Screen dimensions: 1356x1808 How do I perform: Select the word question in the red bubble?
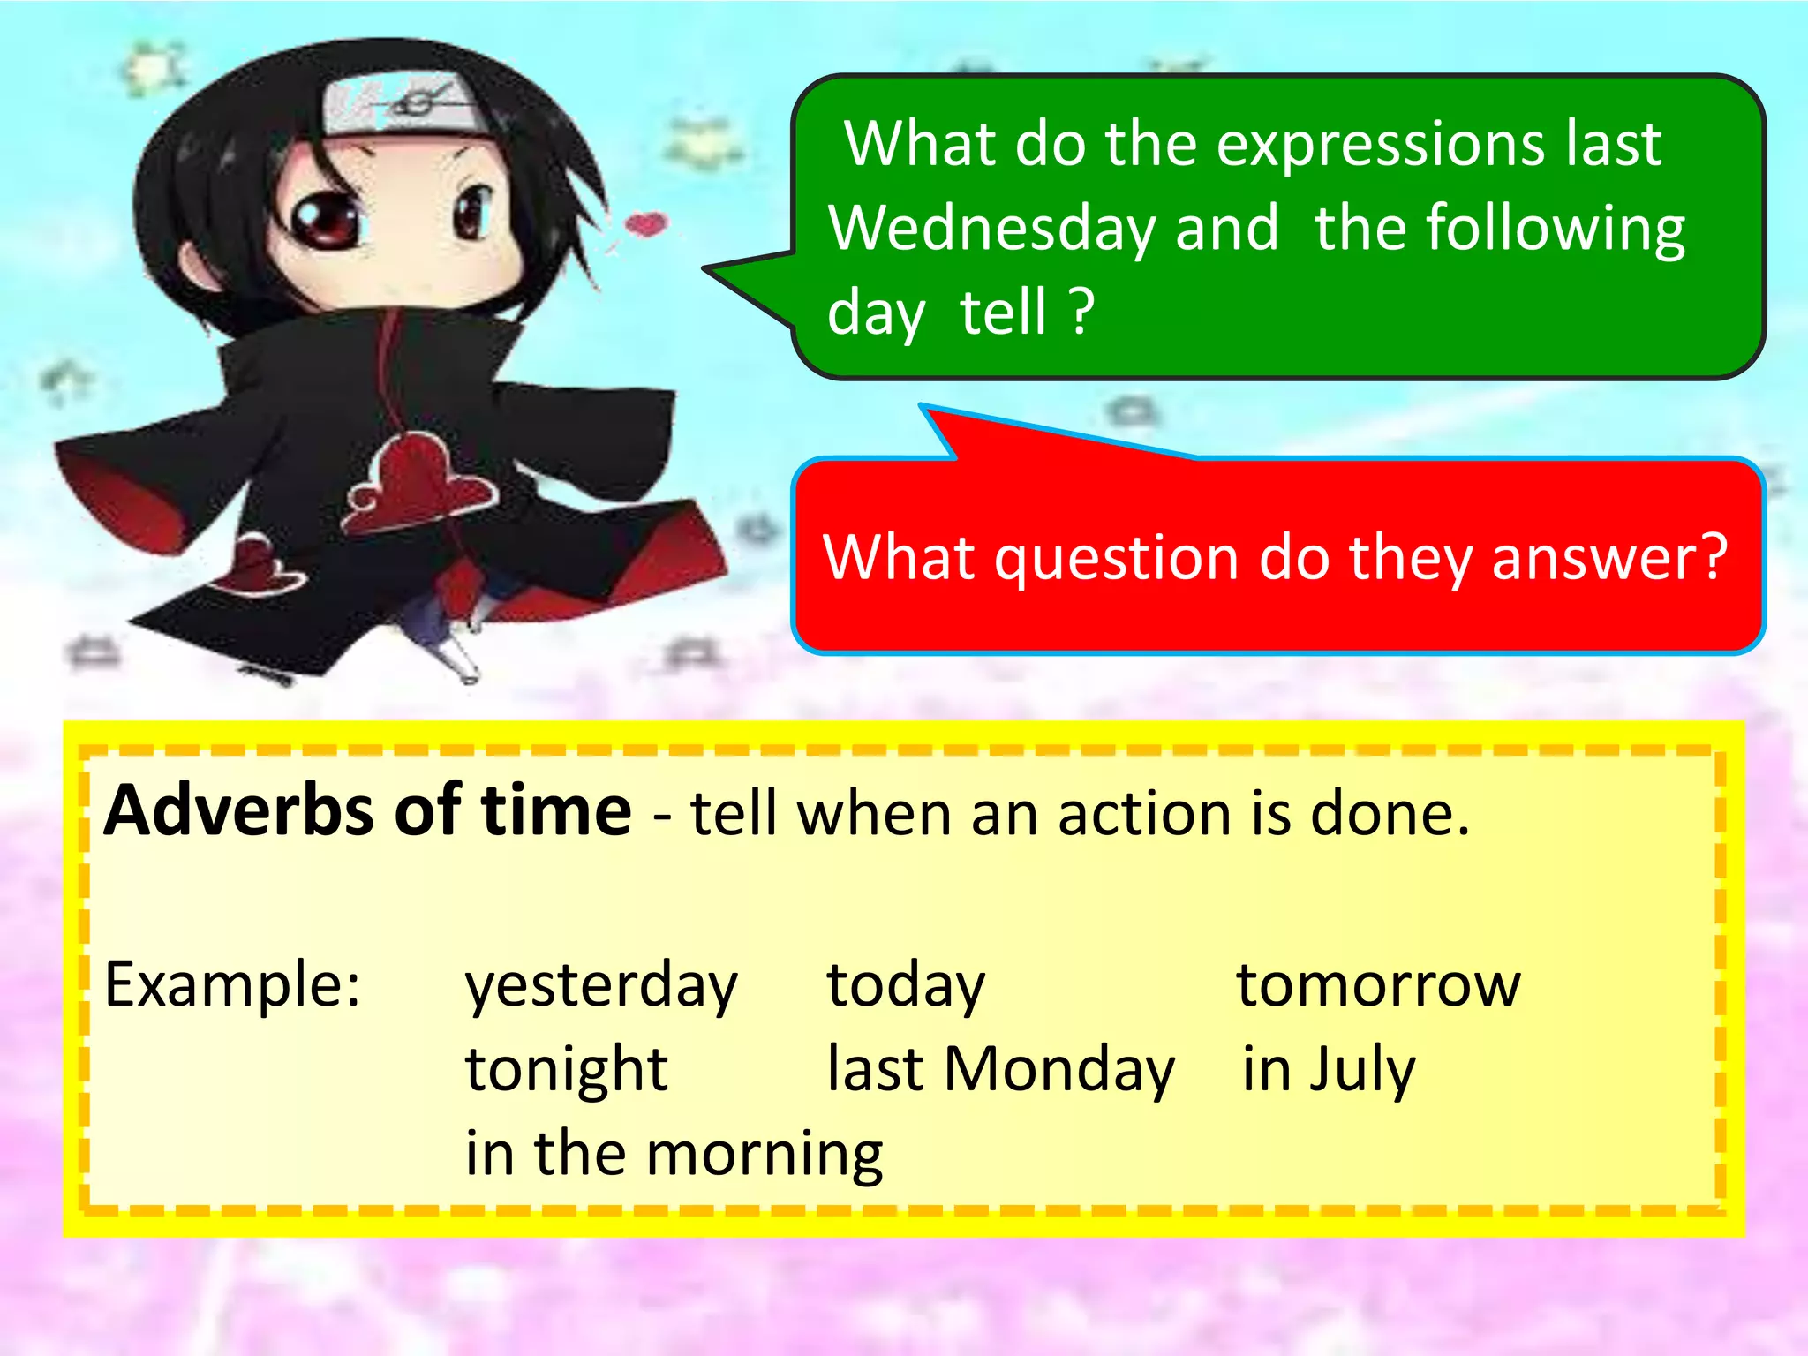(x=1116, y=560)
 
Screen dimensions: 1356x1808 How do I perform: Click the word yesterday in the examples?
(x=600, y=985)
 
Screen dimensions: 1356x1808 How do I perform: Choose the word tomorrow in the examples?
(x=1378, y=985)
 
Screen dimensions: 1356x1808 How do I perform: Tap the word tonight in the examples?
(x=566, y=1070)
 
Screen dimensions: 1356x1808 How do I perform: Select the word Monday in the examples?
(x=1059, y=1070)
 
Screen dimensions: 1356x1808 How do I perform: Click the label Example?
(x=232, y=985)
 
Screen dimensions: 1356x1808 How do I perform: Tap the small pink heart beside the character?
(x=646, y=223)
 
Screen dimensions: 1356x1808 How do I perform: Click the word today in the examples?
(x=905, y=985)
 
